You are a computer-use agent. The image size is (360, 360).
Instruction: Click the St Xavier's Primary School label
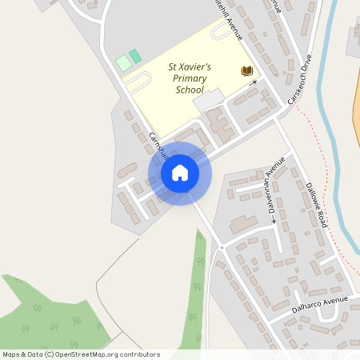coord(189,79)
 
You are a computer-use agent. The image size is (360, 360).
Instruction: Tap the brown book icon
coord(246,71)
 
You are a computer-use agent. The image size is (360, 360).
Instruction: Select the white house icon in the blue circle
coord(180,173)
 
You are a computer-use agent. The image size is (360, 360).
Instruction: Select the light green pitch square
coord(123,62)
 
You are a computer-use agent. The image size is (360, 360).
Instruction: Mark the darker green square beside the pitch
coord(135,56)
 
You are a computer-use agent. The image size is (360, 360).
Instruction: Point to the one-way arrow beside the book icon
coord(253,81)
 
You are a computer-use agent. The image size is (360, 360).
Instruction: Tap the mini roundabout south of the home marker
coord(221,248)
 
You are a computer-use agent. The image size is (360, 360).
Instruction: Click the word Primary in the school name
coord(190,79)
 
